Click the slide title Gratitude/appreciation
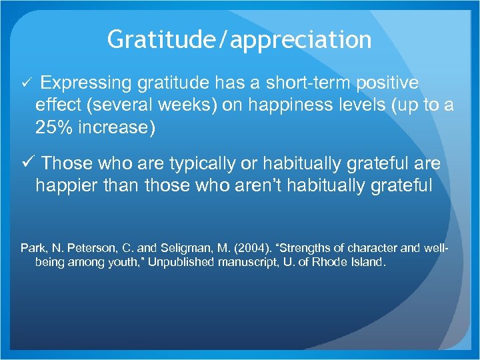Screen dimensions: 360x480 click(239, 39)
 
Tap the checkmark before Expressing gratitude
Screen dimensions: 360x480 click(27, 83)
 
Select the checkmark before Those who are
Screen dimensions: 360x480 click(27, 163)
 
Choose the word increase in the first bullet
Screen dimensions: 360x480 click(119, 127)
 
